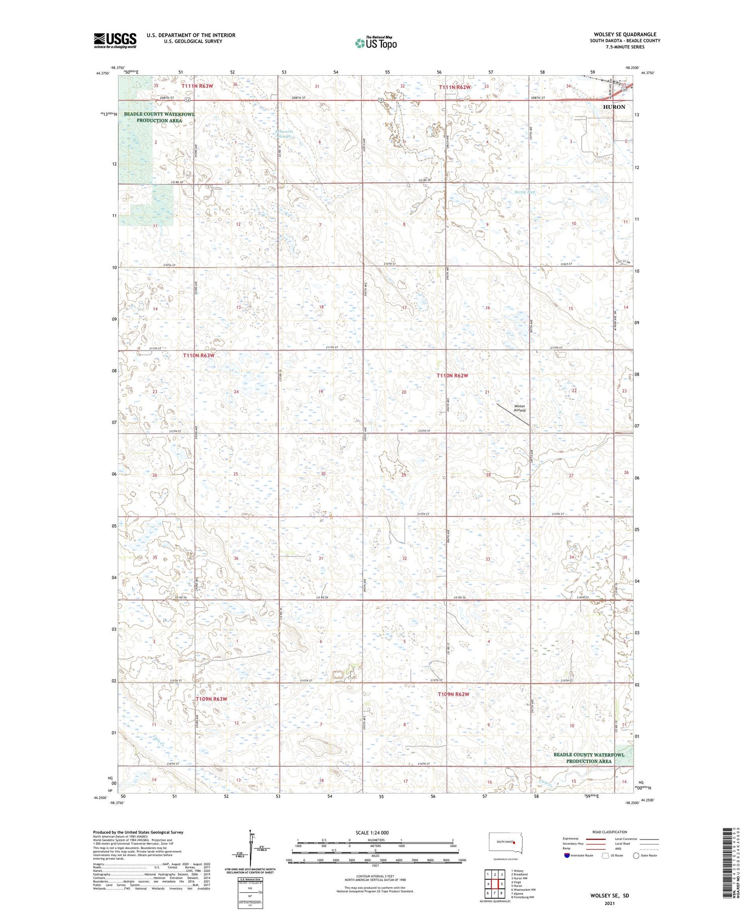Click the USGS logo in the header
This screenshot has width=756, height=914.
tap(115, 40)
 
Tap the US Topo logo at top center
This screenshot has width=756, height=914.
tap(375, 43)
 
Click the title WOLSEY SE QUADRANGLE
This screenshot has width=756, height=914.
tap(625, 35)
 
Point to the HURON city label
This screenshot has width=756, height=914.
tap(614, 107)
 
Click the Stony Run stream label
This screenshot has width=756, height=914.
tap(524, 192)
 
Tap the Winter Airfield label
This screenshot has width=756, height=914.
tap(519, 408)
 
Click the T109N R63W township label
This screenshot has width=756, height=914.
tap(211, 699)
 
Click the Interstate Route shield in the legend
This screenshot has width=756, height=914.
tap(567, 856)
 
